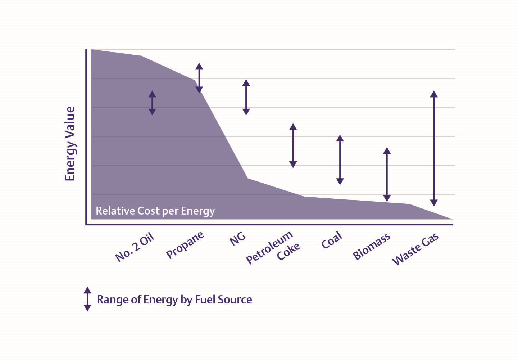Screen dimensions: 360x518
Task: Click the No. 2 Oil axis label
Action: pyautogui.click(x=135, y=247)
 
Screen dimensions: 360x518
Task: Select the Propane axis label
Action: pyautogui.click(x=185, y=245)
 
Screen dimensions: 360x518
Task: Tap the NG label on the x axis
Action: pyautogui.click(x=237, y=238)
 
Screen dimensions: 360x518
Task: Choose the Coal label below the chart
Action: pyautogui.click(x=331, y=240)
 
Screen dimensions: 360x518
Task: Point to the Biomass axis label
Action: pyautogui.click(x=371, y=247)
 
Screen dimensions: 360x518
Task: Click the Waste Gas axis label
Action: pyautogui.click(x=415, y=249)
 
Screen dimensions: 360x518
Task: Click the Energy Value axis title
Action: pyautogui.click(x=70, y=144)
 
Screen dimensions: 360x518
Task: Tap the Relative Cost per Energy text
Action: pyautogui.click(x=155, y=211)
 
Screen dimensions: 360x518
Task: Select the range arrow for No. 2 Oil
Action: pyautogui.click(x=152, y=103)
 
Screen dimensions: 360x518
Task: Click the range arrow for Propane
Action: pyautogui.click(x=199, y=78)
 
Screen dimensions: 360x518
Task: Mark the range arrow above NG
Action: pyautogui.click(x=246, y=97)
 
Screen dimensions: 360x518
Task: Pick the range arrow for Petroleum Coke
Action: pyautogui.click(x=293, y=145)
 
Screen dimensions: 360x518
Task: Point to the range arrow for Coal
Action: pyautogui.click(x=340, y=160)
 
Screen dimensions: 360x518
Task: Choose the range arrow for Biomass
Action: pyautogui.click(x=387, y=174)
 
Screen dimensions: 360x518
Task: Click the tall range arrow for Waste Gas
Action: pyautogui.click(x=434, y=148)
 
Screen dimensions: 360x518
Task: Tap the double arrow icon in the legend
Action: pyautogui.click(x=87, y=299)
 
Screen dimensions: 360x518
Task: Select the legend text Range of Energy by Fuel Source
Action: pyautogui.click(x=174, y=300)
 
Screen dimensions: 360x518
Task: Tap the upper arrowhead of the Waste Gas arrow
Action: pyautogui.click(x=434, y=94)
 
